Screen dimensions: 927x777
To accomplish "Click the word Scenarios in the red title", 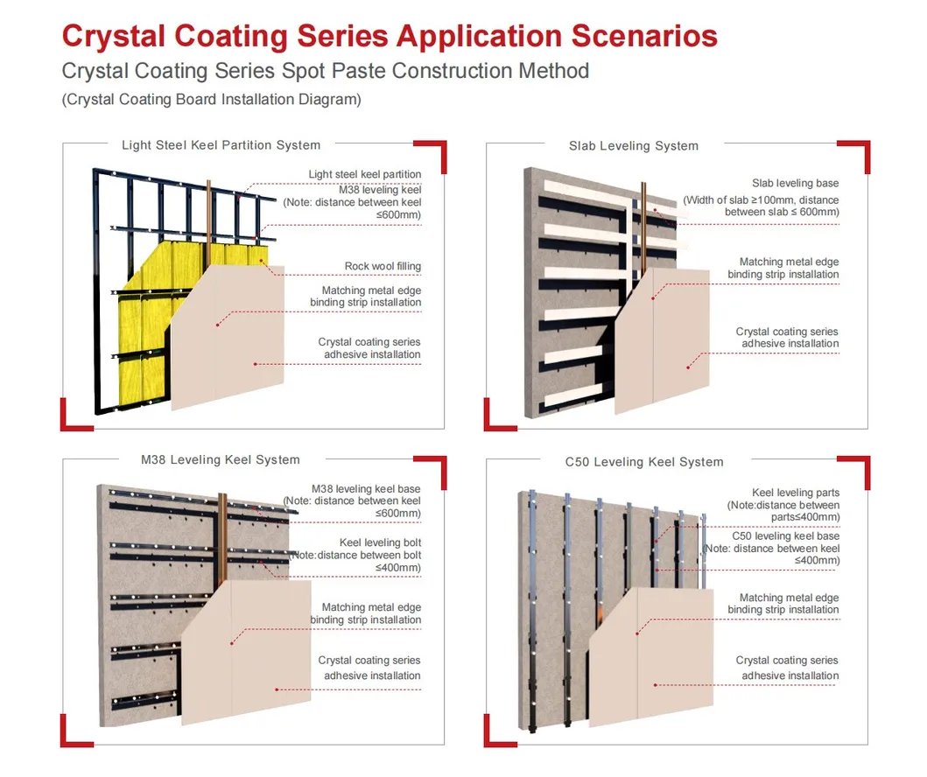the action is click(643, 36).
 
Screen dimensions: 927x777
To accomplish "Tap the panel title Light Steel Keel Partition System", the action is click(221, 145).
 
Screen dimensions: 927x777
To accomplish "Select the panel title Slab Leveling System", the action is click(634, 146).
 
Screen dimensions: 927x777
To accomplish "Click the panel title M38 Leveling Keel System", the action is click(221, 459).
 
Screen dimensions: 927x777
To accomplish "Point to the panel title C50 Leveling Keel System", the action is click(644, 462).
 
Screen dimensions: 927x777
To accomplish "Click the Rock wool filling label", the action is click(383, 267).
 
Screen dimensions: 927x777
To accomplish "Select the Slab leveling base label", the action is click(795, 183).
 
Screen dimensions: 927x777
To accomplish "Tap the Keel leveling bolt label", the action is click(380, 542).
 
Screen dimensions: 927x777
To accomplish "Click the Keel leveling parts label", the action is click(795, 493).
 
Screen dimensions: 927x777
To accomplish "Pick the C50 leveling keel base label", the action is click(786, 535).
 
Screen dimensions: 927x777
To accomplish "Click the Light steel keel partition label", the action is click(365, 174).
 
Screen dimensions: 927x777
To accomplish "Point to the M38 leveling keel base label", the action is click(366, 489).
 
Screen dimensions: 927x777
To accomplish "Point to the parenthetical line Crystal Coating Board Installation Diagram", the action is click(212, 99).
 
